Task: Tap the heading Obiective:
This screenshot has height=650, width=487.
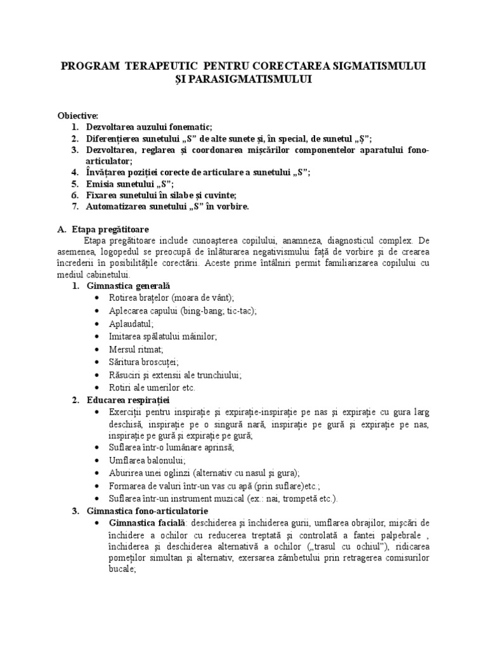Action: pos(78,116)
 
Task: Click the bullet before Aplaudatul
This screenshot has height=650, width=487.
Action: pos(96,324)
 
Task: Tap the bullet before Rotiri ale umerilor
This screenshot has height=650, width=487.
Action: pos(96,388)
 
